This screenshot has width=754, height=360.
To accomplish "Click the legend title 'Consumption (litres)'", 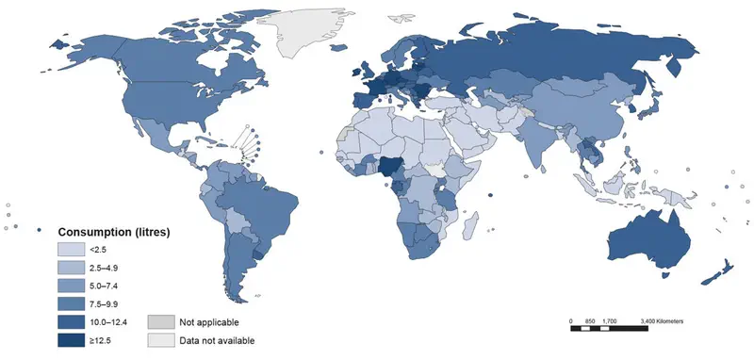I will click(x=113, y=232).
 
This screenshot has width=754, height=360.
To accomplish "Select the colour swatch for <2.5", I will click(x=72, y=249).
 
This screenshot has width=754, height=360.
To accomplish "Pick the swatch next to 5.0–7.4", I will click(x=72, y=286).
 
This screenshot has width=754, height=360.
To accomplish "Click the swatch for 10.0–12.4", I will click(x=72, y=322).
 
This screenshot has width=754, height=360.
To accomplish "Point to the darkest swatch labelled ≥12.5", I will click(x=72, y=340).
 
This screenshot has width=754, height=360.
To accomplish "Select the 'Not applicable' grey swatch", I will click(x=161, y=322).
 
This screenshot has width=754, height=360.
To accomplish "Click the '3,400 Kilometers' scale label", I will click(x=662, y=321).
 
